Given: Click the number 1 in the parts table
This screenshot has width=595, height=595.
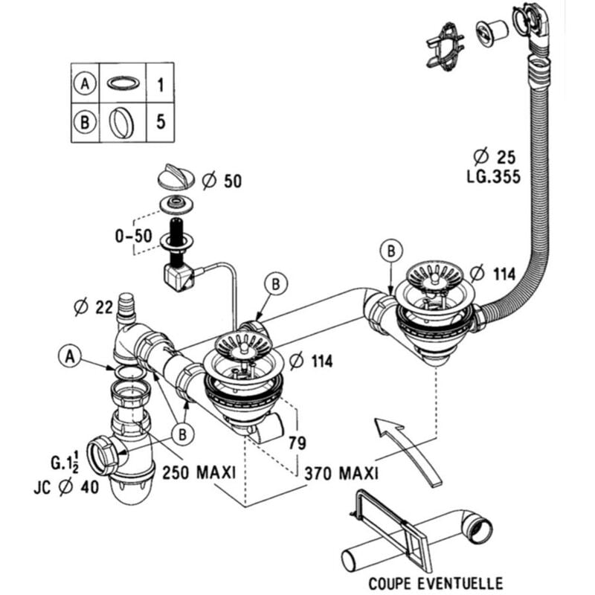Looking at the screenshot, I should coord(160,85).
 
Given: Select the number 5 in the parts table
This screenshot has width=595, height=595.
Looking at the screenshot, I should coord(160,121).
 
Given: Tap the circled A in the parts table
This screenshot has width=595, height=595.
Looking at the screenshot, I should coord(86,85).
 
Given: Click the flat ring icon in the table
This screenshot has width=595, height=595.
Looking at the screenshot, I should coord(121,83).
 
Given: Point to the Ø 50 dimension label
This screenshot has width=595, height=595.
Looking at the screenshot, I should coord(222,180).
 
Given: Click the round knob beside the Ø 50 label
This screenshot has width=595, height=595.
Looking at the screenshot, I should coord(177,178).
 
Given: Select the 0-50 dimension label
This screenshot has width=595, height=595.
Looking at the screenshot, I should coord(134,237).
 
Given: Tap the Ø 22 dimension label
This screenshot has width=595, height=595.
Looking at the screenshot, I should coord(91,306).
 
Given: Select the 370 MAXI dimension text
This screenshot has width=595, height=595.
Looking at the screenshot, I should coord(341,472).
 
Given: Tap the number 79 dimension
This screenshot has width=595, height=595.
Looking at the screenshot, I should coord(297,443).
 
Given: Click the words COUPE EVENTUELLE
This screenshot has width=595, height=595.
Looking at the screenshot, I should coord(425,582).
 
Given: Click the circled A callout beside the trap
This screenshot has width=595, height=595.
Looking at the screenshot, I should coord(69,357).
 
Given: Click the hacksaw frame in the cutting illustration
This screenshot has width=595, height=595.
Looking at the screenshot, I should coord(387,521).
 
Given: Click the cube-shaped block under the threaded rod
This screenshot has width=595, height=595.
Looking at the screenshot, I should coord(177,278).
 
